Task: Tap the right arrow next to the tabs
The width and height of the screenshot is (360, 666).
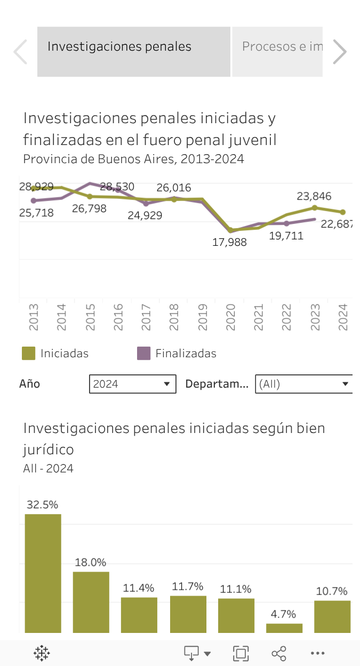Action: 340,52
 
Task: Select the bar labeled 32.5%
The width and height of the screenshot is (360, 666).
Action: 43,573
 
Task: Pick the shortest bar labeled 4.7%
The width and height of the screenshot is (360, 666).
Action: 284,628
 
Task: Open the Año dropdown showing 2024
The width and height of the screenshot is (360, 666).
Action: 132,384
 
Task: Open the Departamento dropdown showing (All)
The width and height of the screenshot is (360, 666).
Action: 303,384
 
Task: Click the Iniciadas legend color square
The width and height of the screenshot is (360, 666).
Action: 28,353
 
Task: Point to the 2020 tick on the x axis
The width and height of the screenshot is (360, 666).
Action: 231,317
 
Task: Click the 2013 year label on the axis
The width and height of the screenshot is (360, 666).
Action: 34,317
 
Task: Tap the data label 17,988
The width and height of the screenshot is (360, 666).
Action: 229,242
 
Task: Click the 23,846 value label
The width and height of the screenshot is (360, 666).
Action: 314,196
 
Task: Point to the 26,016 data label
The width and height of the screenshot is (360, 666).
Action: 174,188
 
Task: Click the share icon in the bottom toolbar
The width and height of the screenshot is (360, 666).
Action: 278,653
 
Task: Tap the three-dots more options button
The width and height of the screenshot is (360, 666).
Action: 317,653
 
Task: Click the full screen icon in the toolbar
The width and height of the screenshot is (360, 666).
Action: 241,653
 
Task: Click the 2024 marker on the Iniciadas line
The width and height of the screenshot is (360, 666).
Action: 343,212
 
